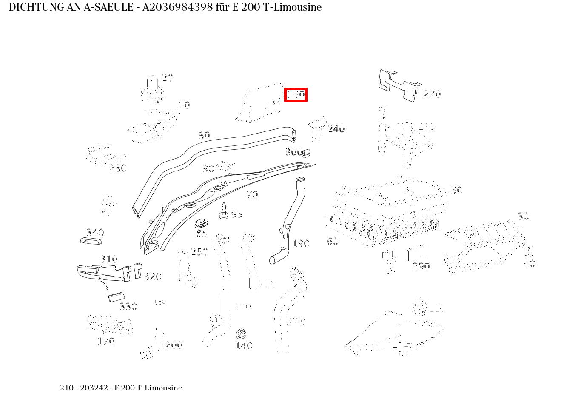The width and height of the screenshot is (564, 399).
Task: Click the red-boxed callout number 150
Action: point(296,94)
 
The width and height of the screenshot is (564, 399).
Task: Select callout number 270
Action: point(432,94)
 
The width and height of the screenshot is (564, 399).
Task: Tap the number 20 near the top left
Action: point(168,78)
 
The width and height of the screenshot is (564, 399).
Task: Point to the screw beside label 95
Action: point(223,211)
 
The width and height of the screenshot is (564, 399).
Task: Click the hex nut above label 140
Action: point(241,333)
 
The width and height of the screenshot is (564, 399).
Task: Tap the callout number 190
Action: point(301,243)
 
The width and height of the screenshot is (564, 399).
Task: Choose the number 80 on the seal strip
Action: point(204,135)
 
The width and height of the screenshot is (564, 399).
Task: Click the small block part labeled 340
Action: point(91,241)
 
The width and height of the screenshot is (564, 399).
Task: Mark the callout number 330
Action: point(128,306)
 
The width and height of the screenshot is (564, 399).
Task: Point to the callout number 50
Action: point(456,190)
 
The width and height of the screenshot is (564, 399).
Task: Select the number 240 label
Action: point(336,129)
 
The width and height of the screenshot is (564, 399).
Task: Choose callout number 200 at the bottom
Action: point(174,345)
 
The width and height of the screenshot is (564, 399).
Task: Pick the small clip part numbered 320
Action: point(137,270)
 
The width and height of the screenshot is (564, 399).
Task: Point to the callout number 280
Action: point(118,168)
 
